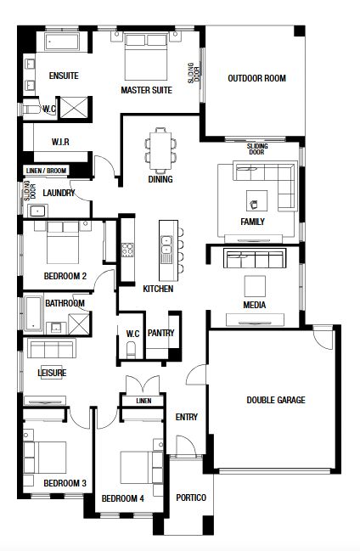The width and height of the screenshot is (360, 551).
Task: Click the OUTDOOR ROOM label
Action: pyautogui.click(x=256, y=78)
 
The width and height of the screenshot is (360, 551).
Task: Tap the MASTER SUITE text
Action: pyautogui.click(x=146, y=90)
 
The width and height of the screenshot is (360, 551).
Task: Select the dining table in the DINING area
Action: pyautogui.click(x=160, y=150)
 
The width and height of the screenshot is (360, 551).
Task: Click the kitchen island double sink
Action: pyautogui.click(x=166, y=245)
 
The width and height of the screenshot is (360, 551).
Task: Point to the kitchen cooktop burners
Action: pyautogui.click(x=127, y=250)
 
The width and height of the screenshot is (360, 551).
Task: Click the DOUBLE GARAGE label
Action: pyautogui.click(x=276, y=400)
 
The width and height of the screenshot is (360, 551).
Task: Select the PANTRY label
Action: pyautogui.click(x=160, y=333)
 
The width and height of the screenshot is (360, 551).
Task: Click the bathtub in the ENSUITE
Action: pyautogui.click(x=62, y=42)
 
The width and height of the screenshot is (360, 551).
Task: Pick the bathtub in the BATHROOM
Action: pyautogui.click(x=34, y=313)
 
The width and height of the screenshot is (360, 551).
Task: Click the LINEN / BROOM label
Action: pyautogui.click(x=46, y=171)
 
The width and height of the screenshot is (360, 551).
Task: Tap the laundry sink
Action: pyautogui.click(x=37, y=211)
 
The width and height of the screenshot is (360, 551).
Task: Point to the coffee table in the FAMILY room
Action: pyautogui.click(x=256, y=201)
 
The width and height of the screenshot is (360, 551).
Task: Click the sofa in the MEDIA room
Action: pyautogui.click(x=255, y=258)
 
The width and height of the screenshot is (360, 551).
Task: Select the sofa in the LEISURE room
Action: pyautogui.click(x=51, y=349)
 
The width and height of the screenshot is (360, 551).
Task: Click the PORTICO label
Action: pyautogui.click(x=191, y=498)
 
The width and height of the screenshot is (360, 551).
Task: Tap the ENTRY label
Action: pyautogui.click(x=186, y=417)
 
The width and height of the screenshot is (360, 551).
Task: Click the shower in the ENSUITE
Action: pyautogui.click(x=74, y=107)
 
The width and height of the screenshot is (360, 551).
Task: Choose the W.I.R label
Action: pyautogui.click(x=60, y=142)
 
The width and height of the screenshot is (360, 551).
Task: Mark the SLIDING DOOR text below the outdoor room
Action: pyautogui.click(x=257, y=149)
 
